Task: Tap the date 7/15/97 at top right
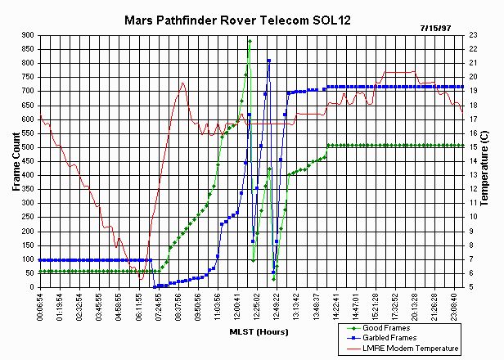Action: pyautogui.click(x=458, y=27)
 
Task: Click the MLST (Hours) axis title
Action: pyautogui.click(x=245, y=332)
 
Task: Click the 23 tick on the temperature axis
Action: pyautogui.click(x=475, y=35)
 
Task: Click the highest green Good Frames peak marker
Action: pyautogui.click(x=250, y=41)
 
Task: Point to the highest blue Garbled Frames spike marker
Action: pyautogui.click(x=268, y=61)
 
